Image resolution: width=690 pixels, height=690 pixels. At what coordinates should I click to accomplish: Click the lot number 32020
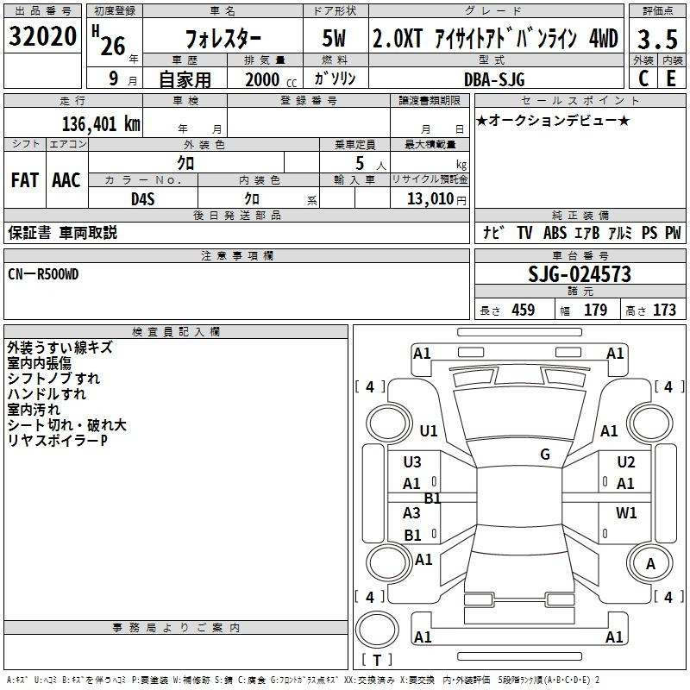coord(42,36)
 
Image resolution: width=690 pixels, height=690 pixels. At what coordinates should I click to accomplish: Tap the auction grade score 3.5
coord(657,39)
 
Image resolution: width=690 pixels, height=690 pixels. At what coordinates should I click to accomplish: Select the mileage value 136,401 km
coord(101,124)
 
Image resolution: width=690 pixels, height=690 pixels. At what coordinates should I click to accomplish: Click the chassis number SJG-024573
coord(580,274)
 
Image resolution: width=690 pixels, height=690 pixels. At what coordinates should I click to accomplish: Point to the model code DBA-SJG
coord(494,79)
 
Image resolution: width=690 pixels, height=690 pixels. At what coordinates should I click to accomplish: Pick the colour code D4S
coord(143,199)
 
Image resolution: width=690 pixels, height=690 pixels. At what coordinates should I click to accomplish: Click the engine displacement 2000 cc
coord(271,79)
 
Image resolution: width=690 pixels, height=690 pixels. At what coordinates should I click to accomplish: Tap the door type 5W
coord(334,38)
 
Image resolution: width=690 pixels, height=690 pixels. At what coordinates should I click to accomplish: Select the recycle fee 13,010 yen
coord(436,199)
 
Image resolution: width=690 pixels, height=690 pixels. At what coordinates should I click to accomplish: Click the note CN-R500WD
coord(43,274)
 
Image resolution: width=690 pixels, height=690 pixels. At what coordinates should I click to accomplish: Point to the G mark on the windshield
coord(545,454)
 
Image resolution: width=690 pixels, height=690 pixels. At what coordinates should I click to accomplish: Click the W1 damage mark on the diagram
coord(626,512)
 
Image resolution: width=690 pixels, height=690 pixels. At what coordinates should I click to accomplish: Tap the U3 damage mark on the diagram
coord(412,462)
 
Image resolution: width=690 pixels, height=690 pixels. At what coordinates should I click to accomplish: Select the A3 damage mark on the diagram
coord(411,512)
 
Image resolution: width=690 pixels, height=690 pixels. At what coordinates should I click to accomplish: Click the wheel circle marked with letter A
coord(649,563)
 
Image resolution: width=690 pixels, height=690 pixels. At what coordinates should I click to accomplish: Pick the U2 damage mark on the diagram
coord(626,462)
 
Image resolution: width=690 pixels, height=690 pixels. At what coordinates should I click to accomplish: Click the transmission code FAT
coord(25,180)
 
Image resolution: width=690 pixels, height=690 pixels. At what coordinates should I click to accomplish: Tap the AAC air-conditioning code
coord(66,180)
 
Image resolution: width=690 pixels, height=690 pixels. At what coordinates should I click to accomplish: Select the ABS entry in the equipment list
coord(555,233)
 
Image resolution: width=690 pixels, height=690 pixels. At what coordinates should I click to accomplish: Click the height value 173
coord(664,310)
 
